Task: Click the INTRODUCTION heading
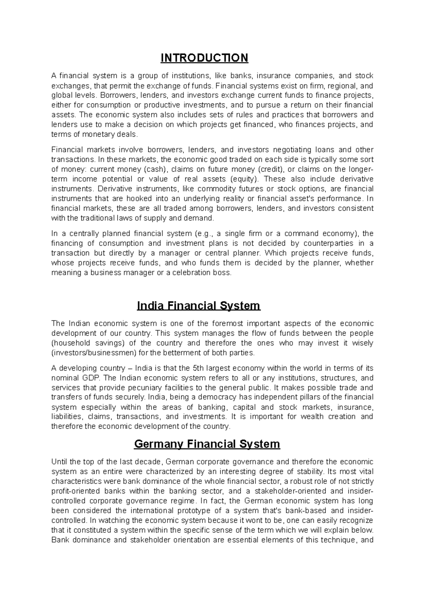coord(204,58)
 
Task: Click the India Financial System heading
coord(198,305)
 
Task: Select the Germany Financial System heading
coord(207,444)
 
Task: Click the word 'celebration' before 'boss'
coord(192,273)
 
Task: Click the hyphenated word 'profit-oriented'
coord(75,491)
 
